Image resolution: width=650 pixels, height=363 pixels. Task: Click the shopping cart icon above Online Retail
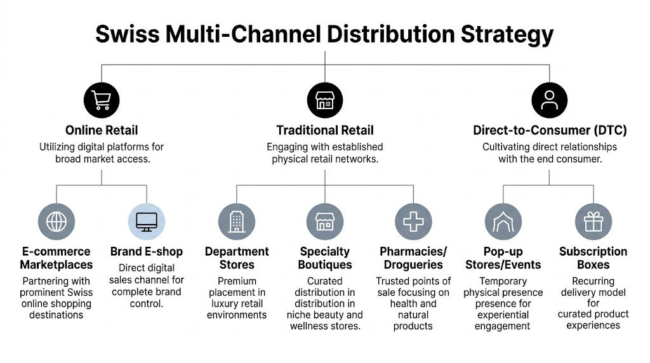tap(102, 100)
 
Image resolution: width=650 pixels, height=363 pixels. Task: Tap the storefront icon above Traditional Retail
tap(324, 100)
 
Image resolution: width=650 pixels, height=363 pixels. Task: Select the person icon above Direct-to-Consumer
tap(549, 100)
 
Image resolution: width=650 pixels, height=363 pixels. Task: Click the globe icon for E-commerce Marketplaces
tap(56, 221)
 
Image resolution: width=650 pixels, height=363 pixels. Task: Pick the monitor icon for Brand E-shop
tap(147, 221)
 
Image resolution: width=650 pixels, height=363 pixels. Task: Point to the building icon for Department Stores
tap(237, 221)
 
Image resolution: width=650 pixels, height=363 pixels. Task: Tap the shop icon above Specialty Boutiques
tap(324, 221)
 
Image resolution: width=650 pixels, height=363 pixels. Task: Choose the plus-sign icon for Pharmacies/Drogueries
tap(413, 221)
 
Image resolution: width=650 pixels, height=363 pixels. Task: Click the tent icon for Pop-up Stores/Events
tap(503, 221)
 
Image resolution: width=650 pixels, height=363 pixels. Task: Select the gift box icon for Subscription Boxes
tap(594, 221)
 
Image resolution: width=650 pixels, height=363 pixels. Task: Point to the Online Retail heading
tap(102, 131)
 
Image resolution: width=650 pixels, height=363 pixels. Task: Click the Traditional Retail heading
tap(324, 131)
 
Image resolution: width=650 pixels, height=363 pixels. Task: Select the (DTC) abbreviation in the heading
tap(607, 131)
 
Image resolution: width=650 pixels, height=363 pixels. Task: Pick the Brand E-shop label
tap(147, 252)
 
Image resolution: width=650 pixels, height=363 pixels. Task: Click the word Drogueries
tap(413, 265)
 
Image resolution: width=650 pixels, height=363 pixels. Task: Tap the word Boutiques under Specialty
tap(324, 265)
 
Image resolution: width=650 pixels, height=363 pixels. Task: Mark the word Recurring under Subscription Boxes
tap(594, 281)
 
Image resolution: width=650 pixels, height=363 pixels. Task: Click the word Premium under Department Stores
tap(237, 281)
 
